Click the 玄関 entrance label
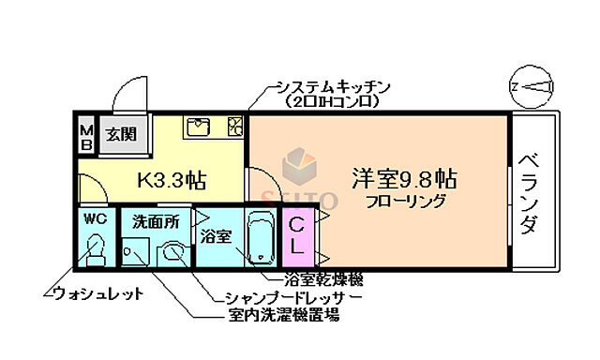point(120,134)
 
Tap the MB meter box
point(85,137)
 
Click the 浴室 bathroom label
point(215,235)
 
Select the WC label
point(95,218)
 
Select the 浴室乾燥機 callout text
point(322,279)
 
